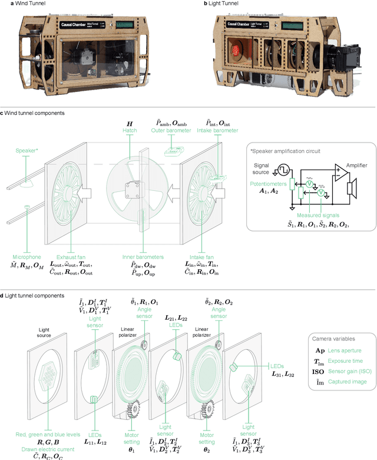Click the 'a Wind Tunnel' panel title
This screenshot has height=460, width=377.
22,4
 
